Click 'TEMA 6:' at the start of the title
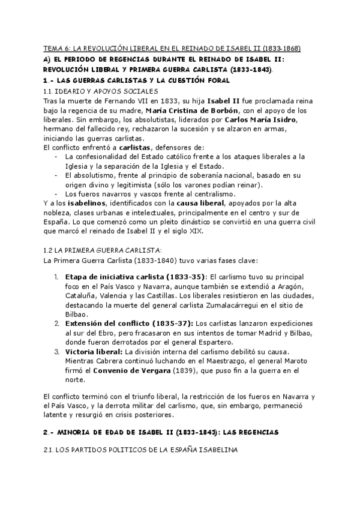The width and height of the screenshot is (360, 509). [x=58, y=48]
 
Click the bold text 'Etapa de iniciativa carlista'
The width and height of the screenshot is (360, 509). [x=113, y=276]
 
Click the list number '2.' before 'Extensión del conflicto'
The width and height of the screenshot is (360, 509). [x=56, y=324]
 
